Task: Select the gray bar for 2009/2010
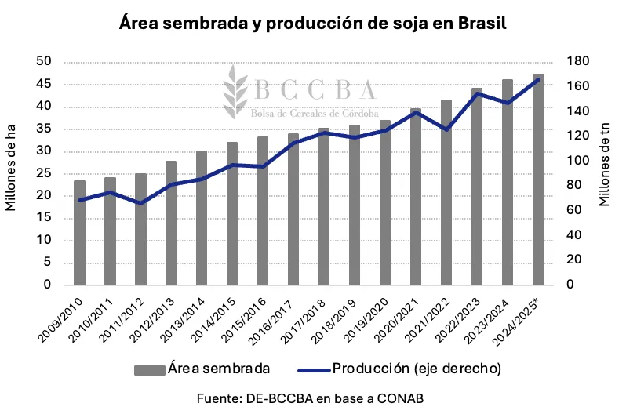pyautogui.click(x=79, y=233)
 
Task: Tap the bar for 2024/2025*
pyautogui.click(x=537, y=180)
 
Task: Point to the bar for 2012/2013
pyautogui.click(x=171, y=223)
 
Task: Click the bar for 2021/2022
pyautogui.click(x=446, y=192)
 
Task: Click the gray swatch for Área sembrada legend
pyautogui.click(x=149, y=369)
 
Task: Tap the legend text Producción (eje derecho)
pyautogui.click(x=417, y=368)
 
